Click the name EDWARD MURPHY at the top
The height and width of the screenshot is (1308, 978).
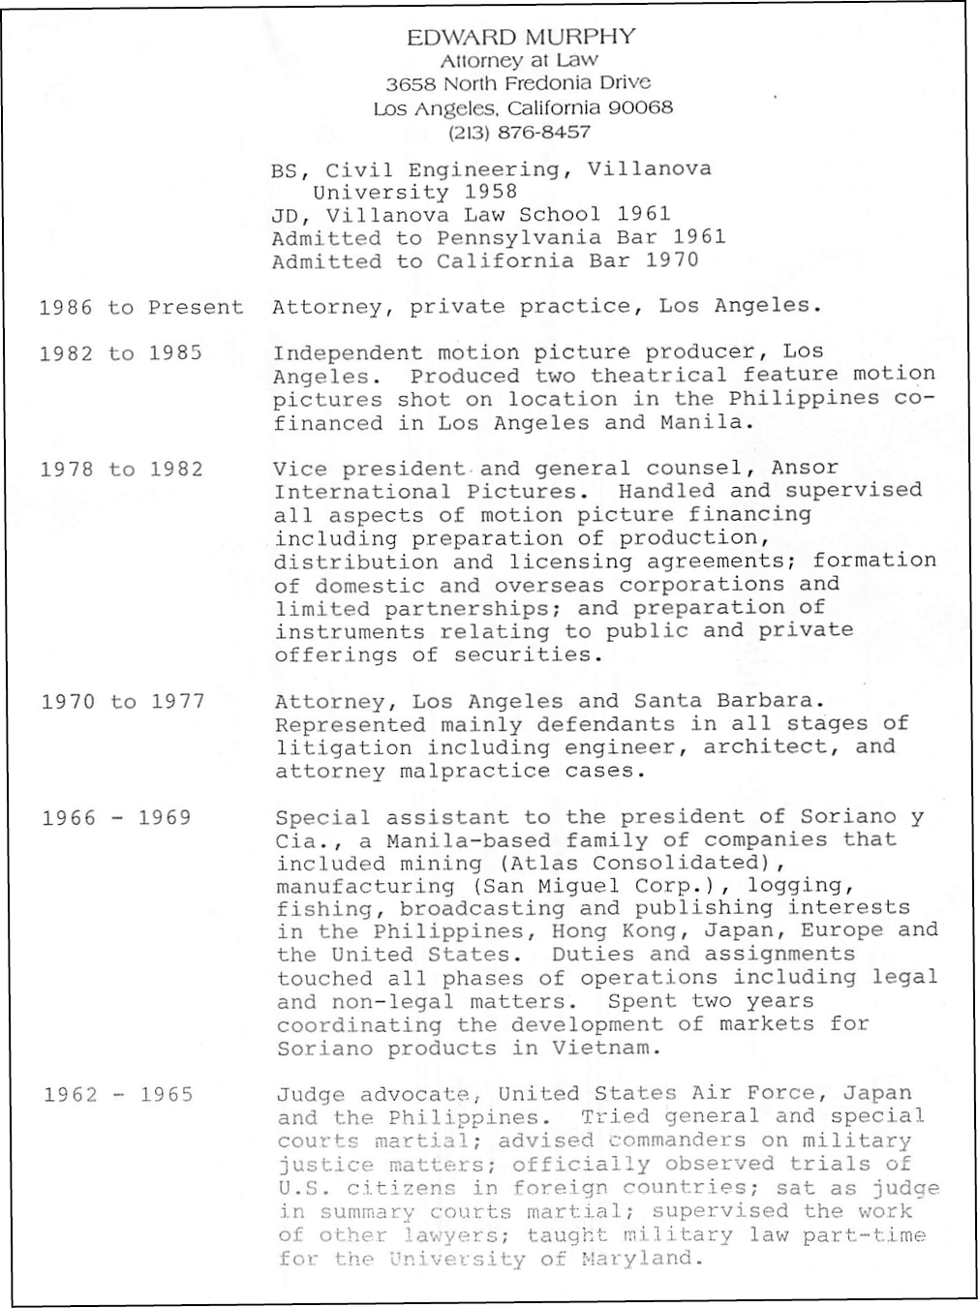click(521, 37)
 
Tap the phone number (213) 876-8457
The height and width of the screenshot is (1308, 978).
click(519, 132)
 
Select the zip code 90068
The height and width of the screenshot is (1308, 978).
click(640, 107)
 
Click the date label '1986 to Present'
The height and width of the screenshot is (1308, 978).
click(141, 308)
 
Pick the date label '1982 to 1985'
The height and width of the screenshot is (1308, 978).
click(121, 353)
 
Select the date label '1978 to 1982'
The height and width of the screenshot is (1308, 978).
click(122, 470)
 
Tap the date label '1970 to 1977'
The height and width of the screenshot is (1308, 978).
click(123, 701)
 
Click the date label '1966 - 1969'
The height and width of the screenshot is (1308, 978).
click(116, 818)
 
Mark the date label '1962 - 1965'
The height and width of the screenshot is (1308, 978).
click(118, 1095)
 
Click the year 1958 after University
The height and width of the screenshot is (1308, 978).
click(490, 192)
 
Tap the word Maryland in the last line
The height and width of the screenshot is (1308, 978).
click(637, 1259)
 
